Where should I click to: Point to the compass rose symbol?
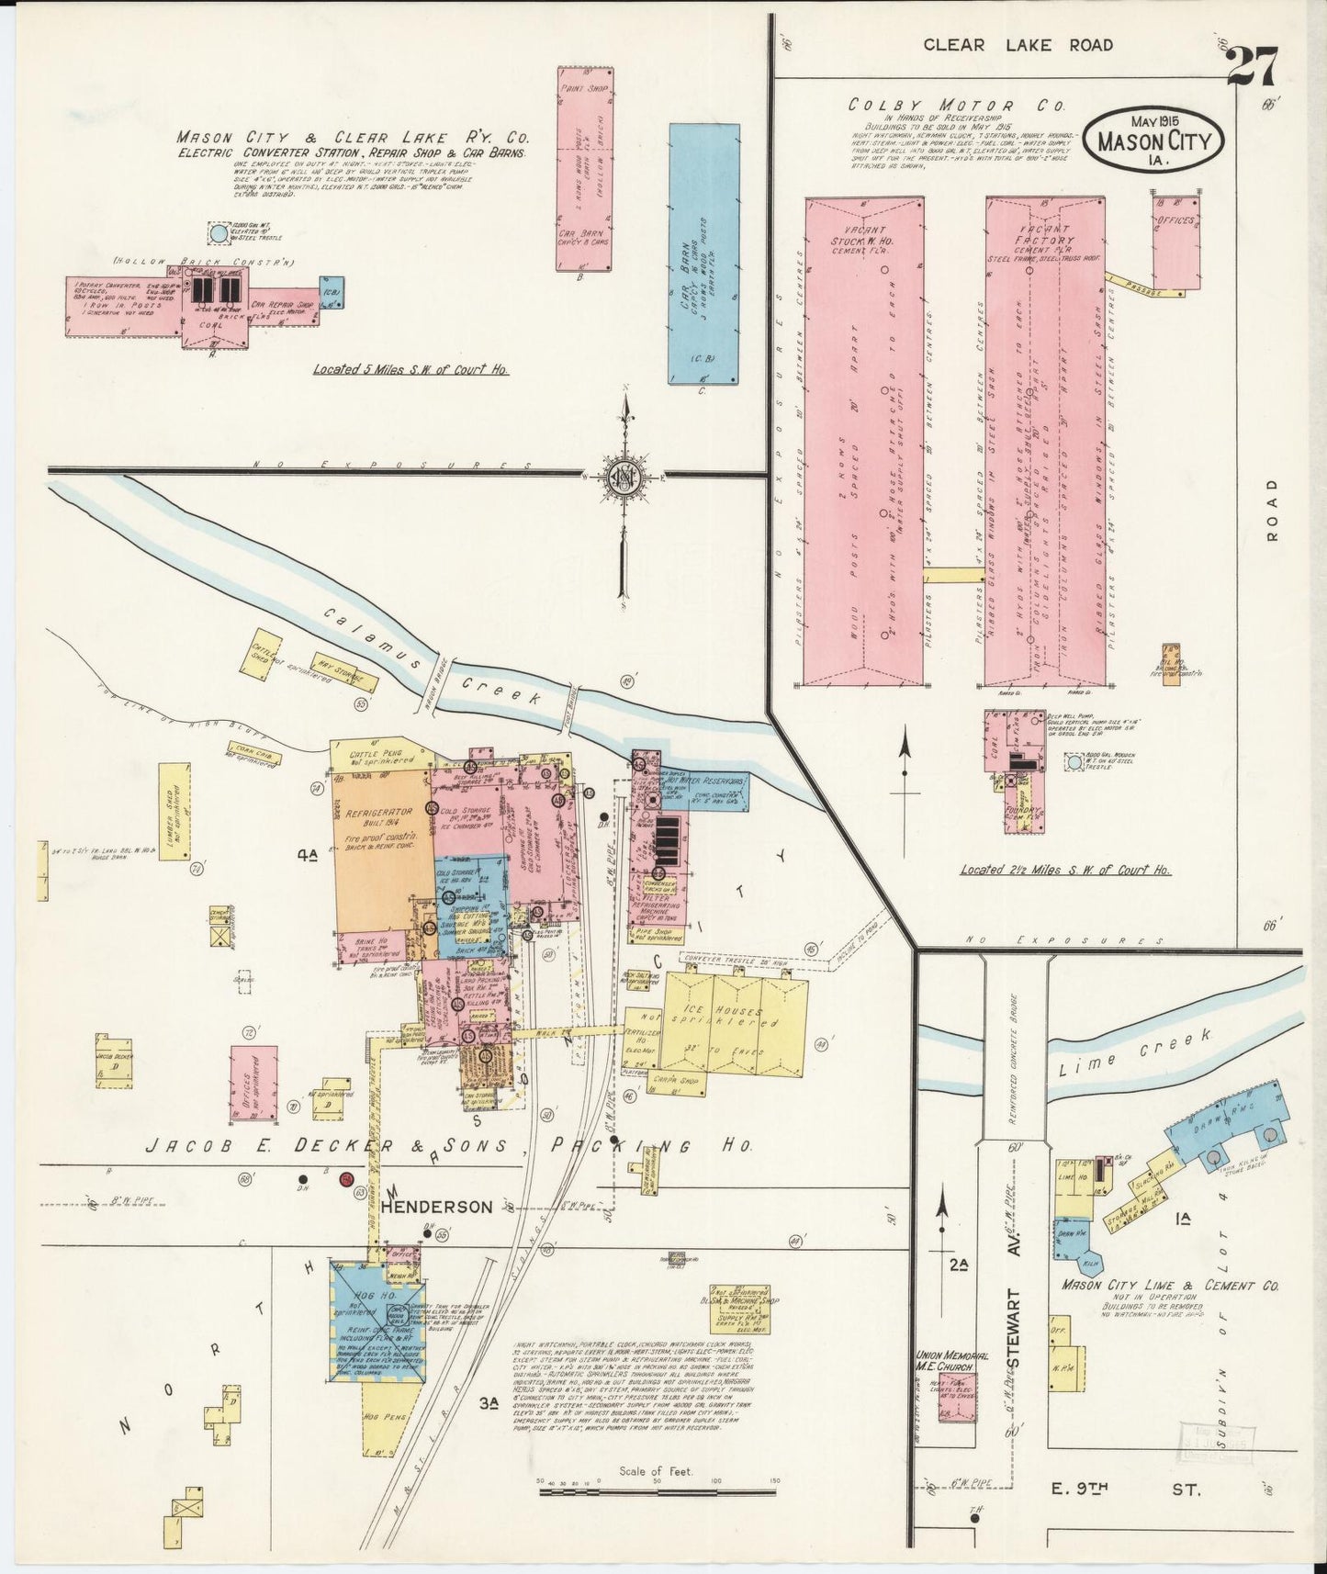624,477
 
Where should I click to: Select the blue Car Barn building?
703,253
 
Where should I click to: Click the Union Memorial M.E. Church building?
955,1397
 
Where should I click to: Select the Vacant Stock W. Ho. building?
863,441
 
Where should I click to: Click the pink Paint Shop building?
585,169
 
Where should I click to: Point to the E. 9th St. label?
1140,1490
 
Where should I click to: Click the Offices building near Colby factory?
1175,241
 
